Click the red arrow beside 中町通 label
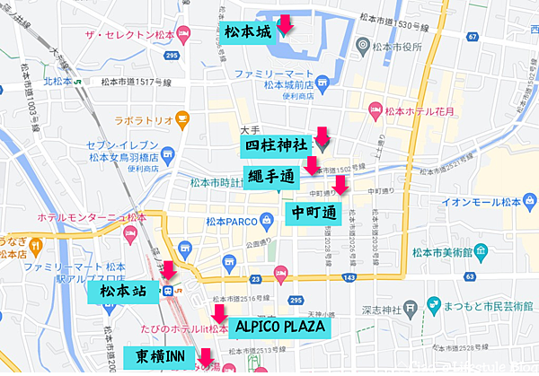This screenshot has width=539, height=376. (x=339, y=185)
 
